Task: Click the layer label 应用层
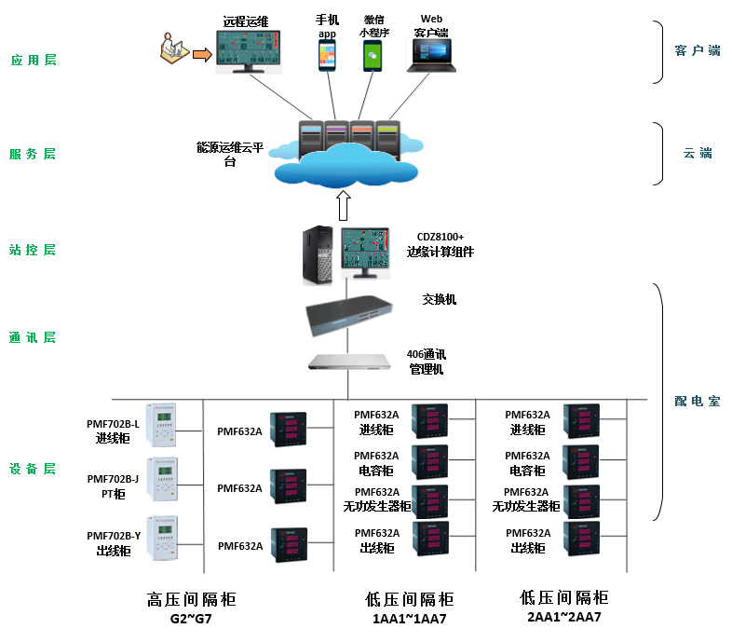(x=34, y=60)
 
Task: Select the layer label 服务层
(x=34, y=154)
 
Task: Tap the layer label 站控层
(x=34, y=250)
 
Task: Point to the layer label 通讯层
(x=34, y=337)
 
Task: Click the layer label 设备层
(x=34, y=469)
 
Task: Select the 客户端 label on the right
(x=697, y=50)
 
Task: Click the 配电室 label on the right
(x=697, y=402)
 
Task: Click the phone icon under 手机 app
(x=327, y=55)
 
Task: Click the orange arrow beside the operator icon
(x=201, y=56)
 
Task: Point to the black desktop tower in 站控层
(x=317, y=257)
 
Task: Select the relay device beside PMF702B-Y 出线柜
(x=162, y=539)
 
